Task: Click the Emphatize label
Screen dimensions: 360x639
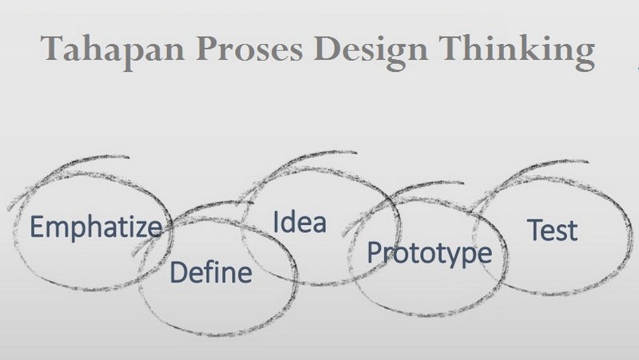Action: (95, 227)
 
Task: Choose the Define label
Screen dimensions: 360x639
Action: (211, 274)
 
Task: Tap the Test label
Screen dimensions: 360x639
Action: (552, 230)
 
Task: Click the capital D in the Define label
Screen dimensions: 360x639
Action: (178, 274)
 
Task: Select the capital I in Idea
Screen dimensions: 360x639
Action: (276, 221)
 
